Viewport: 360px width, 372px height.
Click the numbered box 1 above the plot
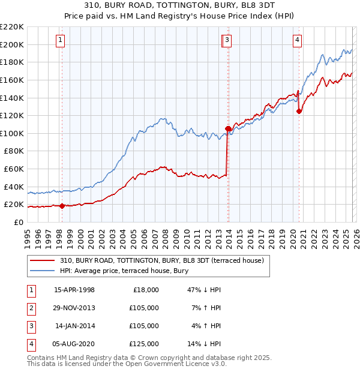61,40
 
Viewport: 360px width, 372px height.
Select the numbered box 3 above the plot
228,40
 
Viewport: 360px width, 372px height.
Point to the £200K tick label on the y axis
12,44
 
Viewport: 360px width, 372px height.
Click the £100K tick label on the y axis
12,133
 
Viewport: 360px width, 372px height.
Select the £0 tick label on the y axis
18,222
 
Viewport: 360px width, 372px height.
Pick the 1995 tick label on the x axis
27,235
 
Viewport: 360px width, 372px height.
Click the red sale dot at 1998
61,206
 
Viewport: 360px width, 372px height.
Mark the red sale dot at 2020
299,111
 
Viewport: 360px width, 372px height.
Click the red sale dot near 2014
228,128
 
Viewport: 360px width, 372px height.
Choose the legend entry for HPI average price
124,271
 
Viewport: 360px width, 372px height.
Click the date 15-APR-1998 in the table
74,290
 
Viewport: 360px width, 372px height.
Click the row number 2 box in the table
31,308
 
